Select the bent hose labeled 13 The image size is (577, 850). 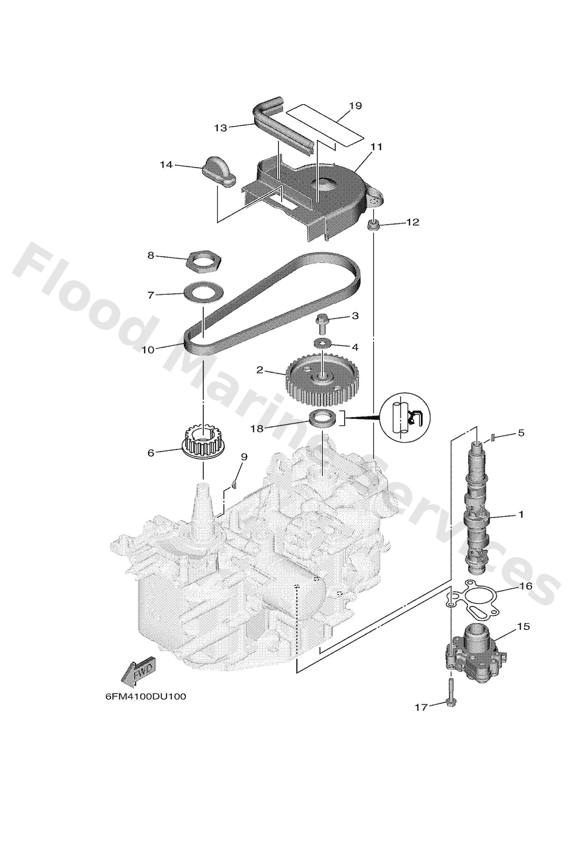[x=278, y=124]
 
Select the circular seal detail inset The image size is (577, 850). [x=405, y=418]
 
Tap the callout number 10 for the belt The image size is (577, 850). [x=148, y=350]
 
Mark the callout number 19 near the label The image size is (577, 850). [x=355, y=106]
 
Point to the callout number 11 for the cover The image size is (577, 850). [x=376, y=147]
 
